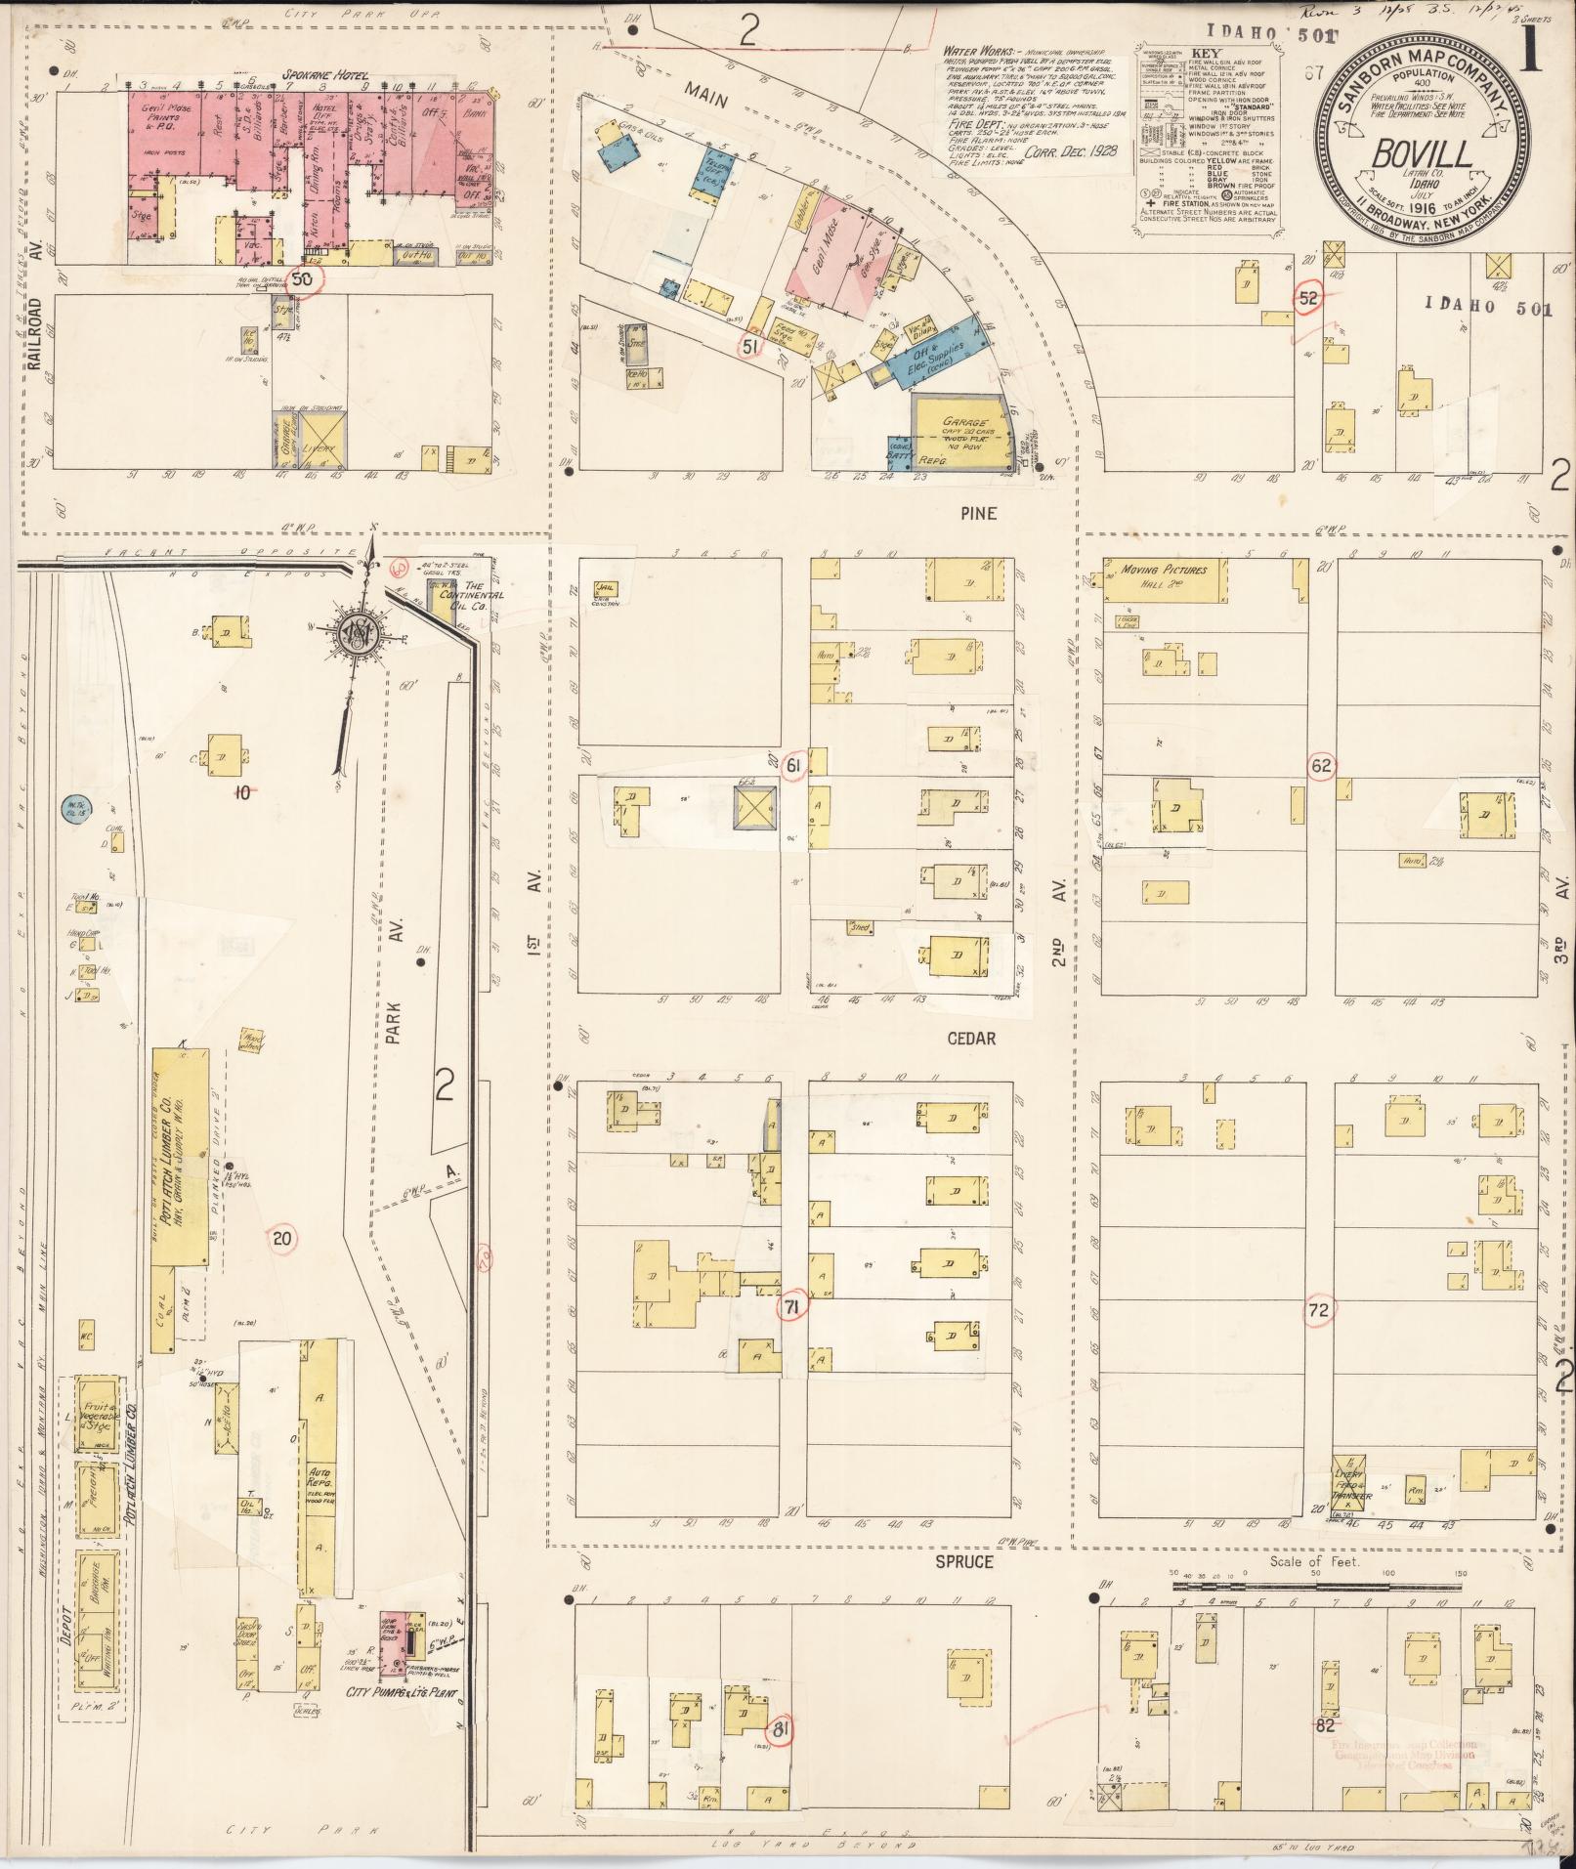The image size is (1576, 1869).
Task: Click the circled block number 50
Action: pos(303,279)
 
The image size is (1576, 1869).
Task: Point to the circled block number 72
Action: pos(1319,1311)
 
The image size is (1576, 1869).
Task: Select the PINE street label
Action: pos(970,510)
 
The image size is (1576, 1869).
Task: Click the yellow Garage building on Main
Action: pos(960,430)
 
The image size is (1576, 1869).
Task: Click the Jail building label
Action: pos(602,588)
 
